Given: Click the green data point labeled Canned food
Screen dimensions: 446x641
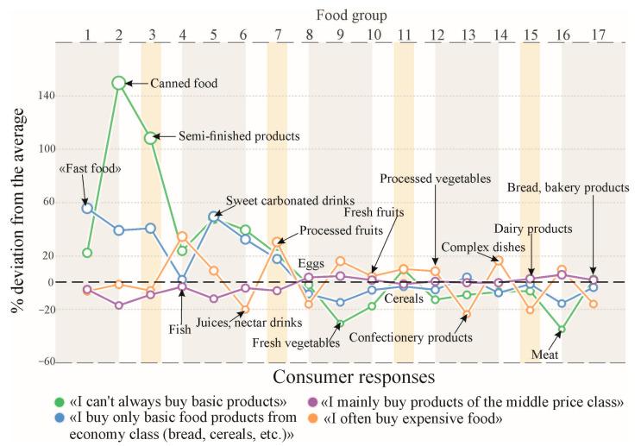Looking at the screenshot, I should coord(119,83).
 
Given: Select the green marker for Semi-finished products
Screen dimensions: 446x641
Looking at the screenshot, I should coord(151,137).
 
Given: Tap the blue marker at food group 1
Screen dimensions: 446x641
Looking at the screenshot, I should coord(87,208).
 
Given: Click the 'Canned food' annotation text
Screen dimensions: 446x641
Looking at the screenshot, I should coord(184,84).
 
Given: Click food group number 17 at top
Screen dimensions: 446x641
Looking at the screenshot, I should coord(593,35).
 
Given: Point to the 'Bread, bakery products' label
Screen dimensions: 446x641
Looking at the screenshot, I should coord(568,186).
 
